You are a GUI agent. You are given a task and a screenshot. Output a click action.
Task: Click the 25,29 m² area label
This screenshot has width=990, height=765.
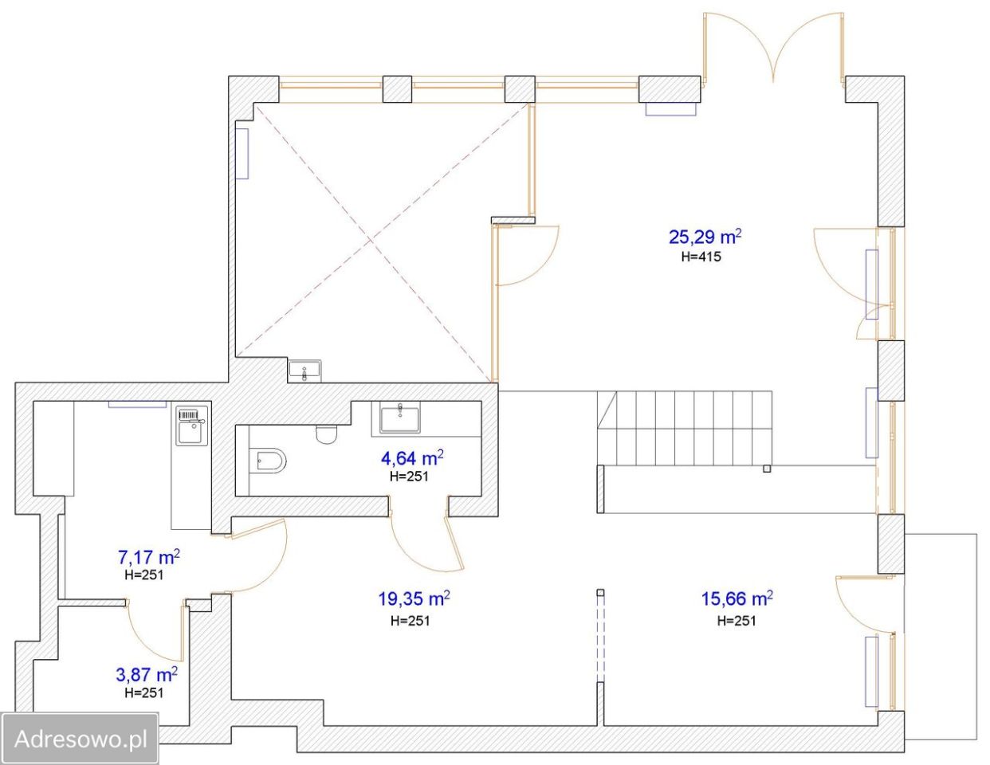coord(705,237)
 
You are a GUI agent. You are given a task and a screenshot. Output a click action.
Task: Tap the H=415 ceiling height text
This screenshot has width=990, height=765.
coord(701,257)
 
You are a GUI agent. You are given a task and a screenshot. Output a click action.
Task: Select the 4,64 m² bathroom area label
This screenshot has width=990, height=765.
coord(412,458)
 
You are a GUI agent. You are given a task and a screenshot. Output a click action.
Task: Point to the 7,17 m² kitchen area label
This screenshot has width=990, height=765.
coord(148,556)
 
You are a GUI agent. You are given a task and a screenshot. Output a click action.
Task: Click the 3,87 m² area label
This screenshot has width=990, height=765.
coord(147,674)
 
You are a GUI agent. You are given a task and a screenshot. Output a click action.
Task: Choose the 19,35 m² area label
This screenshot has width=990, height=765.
coord(414,599)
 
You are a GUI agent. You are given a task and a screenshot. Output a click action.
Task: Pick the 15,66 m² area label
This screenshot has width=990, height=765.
coord(737,599)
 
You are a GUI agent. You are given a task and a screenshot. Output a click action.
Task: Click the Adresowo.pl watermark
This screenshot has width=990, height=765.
coord(81,739)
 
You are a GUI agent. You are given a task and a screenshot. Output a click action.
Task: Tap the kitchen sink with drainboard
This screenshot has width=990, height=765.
coord(192,426)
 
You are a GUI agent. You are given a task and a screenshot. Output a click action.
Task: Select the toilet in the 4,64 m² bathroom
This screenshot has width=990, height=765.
coord(326,434)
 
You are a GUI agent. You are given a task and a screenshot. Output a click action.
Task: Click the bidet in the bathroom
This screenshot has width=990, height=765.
coord(269,461)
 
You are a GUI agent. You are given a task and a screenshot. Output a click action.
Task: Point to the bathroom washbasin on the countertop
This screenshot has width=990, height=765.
coord(400,418)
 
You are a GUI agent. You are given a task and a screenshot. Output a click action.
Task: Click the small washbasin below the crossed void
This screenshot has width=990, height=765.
coord(304,371)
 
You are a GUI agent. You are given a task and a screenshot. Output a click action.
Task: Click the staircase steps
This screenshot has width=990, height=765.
coord(685,428)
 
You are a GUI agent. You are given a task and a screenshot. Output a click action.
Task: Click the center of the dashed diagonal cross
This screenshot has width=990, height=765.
coord(371,240)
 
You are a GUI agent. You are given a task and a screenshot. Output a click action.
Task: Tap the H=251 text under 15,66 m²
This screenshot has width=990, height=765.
coord(737,620)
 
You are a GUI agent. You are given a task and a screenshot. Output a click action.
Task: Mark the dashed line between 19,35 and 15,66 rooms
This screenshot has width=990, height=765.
coord(600,638)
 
